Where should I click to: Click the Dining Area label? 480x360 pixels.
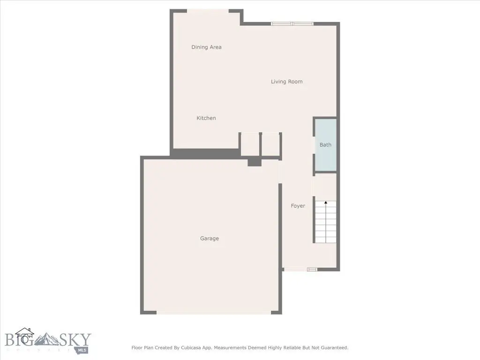(206, 47)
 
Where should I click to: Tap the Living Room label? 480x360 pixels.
(286, 82)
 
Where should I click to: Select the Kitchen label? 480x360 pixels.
(206, 118)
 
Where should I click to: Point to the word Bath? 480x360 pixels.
(325, 145)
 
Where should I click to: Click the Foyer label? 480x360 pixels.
(298, 206)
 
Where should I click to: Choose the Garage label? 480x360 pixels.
(210, 238)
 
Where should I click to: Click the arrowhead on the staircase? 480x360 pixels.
(326, 202)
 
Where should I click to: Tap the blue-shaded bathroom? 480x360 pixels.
(326, 145)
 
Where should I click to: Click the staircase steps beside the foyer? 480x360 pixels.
(326, 222)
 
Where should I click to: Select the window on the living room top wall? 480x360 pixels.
(292, 23)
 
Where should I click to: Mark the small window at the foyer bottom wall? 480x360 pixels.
(312, 270)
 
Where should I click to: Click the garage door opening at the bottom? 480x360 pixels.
(214, 313)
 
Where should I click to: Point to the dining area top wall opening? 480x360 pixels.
(208, 11)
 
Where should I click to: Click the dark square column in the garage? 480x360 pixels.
(255, 163)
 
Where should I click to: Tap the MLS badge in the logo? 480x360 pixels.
(82, 350)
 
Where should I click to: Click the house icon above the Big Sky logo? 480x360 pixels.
(24, 335)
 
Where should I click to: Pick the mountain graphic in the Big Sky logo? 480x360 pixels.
(46, 339)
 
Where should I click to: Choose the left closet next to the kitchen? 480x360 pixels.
(250, 144)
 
